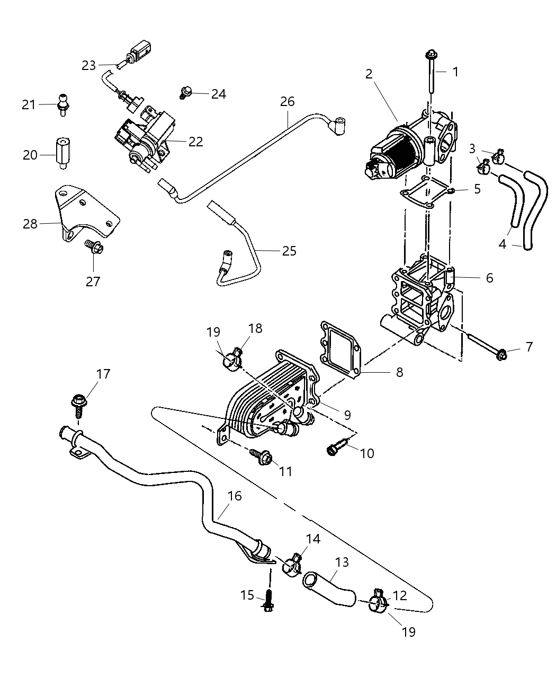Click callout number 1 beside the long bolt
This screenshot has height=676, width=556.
click(455, 71)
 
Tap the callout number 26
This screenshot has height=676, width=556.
click(288, 101)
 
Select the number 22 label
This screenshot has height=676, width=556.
click(195, 142)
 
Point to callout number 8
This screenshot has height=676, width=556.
click(399, 372)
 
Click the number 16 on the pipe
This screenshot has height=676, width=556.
click(235, 496)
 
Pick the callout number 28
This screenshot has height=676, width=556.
click(30, 224)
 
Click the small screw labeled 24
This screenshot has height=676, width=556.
click(186, 93)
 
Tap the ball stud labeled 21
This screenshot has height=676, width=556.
click(63, 103)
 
